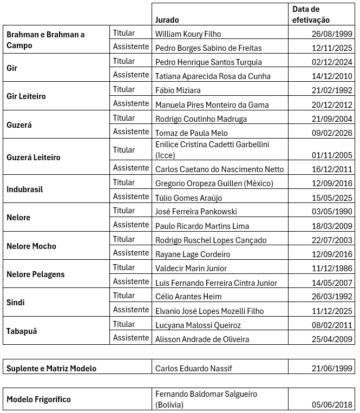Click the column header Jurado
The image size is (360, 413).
pyautogui.click(x=168, y=19)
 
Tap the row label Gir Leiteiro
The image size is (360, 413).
pyautogui.click(x=26, y=96)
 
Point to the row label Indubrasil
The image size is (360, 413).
pyautogui.click(x=25, y=190)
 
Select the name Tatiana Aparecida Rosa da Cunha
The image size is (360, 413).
pyautogui.click(x=213, y=76)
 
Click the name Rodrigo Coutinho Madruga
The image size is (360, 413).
pyautogui.click(x=201, y=119)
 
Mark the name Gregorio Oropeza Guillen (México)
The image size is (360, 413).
pyautogui.click(x=214, y=183)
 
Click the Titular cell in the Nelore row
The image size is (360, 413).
pyautogui.click(x=124, y=211)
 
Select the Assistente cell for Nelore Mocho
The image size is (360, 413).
pyautogui.click(x=131, y=253)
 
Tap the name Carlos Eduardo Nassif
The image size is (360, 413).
pyautogui.click(x=193, y=369)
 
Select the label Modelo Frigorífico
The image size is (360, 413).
pyautogui.click(x=38, y=399)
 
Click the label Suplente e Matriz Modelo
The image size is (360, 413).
pyautogui.click(x=51, y=369)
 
